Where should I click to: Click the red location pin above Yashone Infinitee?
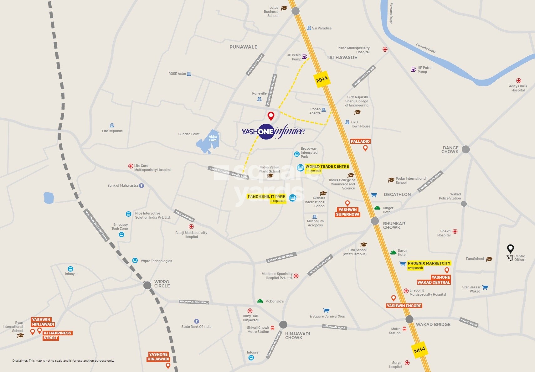pyautogui.click(x=271, y=116)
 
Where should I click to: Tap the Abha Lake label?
pyautogui.click(x=213, y=138)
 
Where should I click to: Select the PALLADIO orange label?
pyautogui.click(x=360, y=141)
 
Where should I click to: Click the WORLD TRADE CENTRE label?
pyautogui.click(x=327, y=166)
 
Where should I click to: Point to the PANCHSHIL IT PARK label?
pyautogui.click(x=266, y=196)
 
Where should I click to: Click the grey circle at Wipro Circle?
pyautogui.click(x=147, y=285)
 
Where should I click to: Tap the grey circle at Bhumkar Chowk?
pyautogui.click(x=375, y=221)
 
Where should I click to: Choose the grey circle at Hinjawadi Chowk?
pyautogui.click(x=283, y=324)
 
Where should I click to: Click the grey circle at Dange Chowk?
pyautogui.click(x=466, y=149)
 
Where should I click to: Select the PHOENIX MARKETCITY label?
pyautogui.click(x=429, y=263)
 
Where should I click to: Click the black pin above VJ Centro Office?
pyautogui.click(x=510, y=249)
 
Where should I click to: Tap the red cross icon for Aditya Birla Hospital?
pyautogui.click(x=518, y=80)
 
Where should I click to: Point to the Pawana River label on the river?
pyautogui.click(x=426, y=48)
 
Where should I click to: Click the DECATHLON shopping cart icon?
pyautogui.click(x=374, y=195)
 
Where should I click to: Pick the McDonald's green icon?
pyautogui.click(x=260, y=301)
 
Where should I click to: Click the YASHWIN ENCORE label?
pyautogui.click(x=404, y=306)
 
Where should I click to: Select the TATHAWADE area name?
pyautogui.click(x=342, y=58)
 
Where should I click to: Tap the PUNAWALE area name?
pyautogui.click(x=243, y=47)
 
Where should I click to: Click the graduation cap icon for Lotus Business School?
pyautogui.click(x=284, y=8)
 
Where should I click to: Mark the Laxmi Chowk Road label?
pyautogui.click(x=280, y=258)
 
